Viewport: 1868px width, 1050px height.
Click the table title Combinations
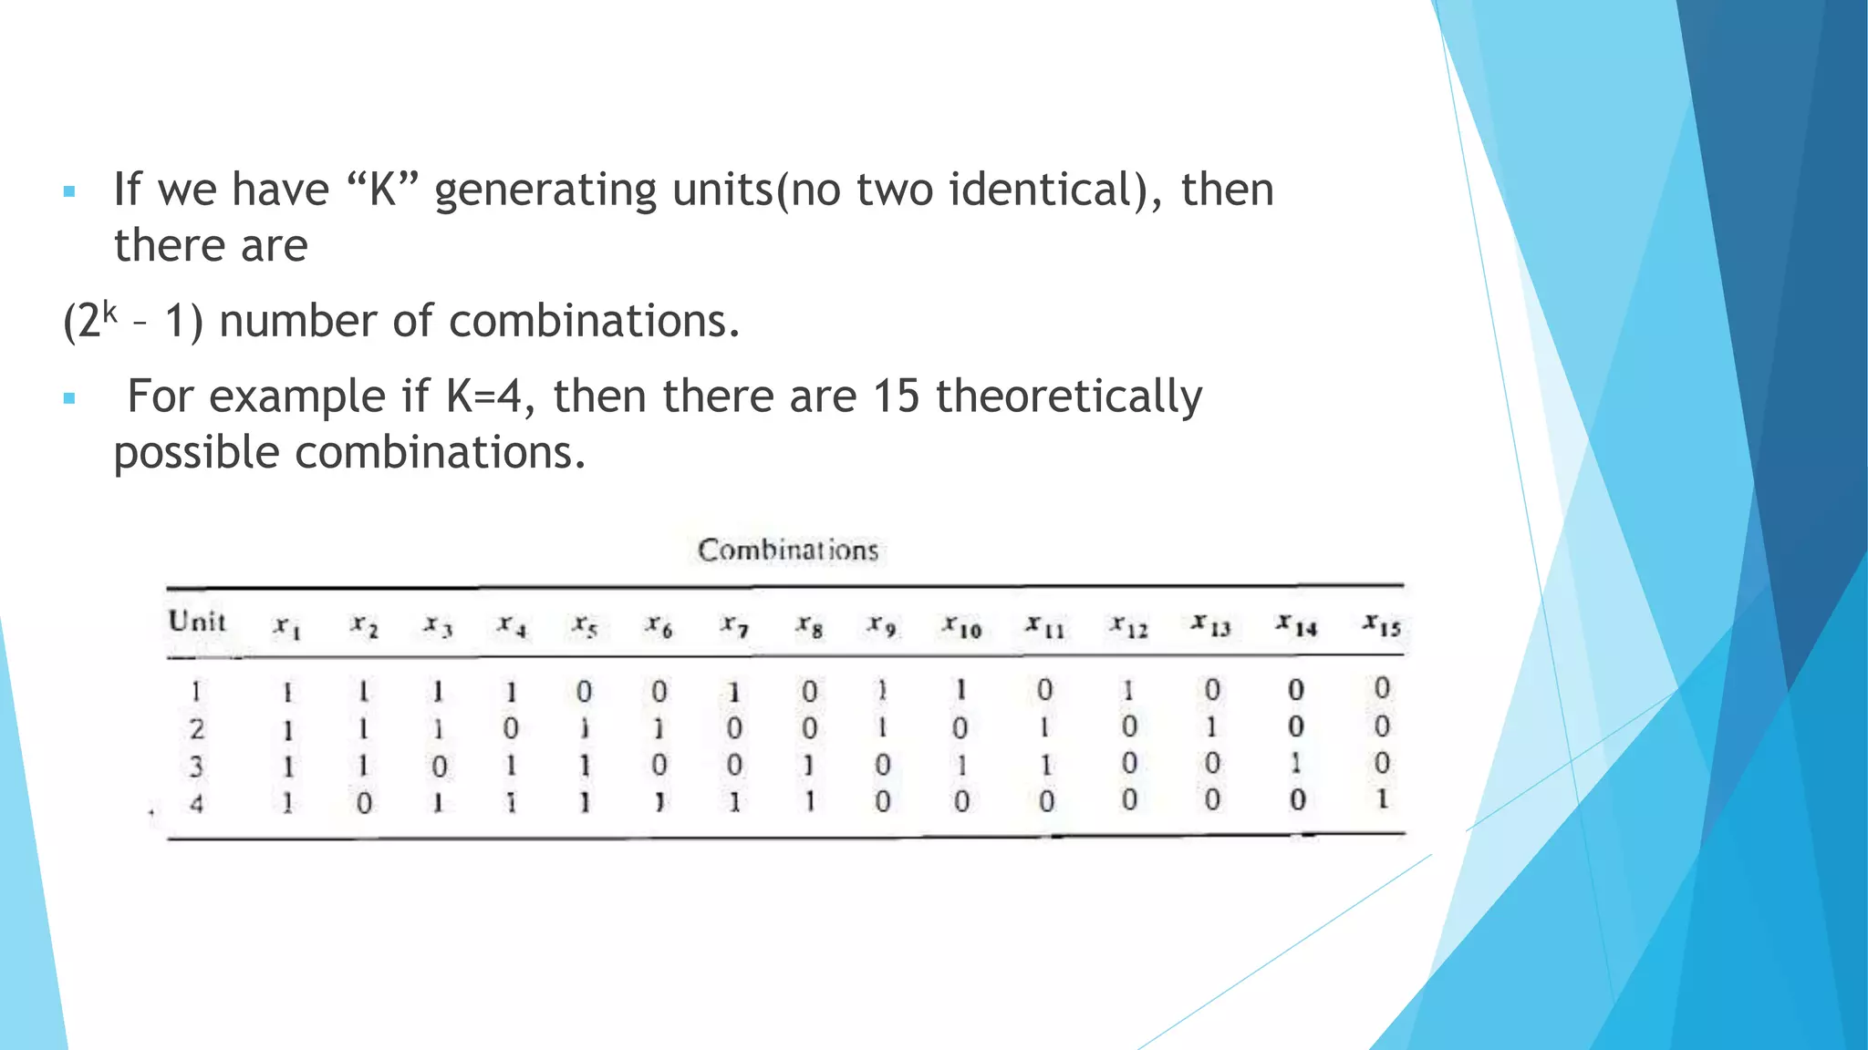pos(788,550)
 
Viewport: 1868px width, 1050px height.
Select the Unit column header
pos(197,622)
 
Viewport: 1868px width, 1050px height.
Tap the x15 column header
pos(1381,624)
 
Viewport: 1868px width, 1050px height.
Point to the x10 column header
pos(961,627)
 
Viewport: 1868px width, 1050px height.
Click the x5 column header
pos(585,627)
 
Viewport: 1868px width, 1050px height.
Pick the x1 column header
pos(287,627)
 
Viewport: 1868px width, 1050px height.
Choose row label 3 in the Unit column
pos(196,767)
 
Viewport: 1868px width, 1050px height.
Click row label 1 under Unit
pos(195,692)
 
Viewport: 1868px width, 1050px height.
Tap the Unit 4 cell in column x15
pos(1383,799)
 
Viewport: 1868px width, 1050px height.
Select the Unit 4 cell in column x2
pos(364,803)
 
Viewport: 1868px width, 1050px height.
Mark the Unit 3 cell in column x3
pos(439,767)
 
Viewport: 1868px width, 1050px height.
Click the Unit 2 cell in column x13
pos(1211,726)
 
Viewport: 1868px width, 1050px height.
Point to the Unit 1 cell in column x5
pos(585,692)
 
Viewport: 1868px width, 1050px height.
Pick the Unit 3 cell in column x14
pos(1296,763)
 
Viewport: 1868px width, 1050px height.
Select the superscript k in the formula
pos(109,313)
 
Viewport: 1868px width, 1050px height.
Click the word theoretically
pos(1069,396)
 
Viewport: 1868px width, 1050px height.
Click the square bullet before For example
pos(69,398)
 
